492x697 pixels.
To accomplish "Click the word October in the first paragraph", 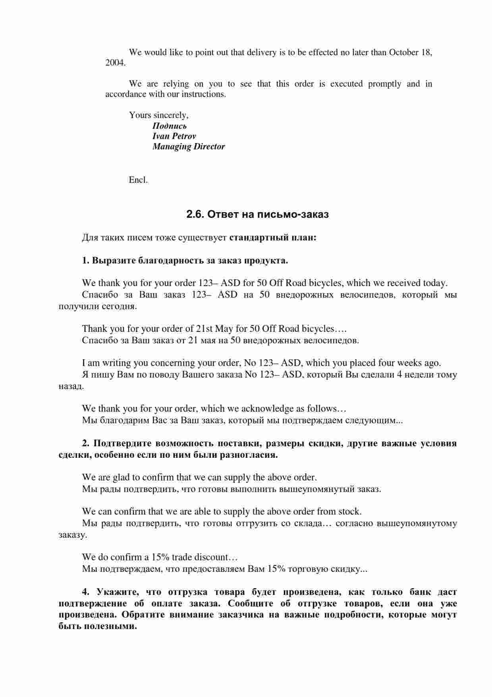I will point(403,52).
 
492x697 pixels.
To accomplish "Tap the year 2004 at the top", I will point(115,63).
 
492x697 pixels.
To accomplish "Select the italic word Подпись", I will point(169,126).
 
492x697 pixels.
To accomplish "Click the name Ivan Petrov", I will point(174,136).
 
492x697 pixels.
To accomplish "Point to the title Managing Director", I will point(189,147).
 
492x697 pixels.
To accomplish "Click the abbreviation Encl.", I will point(138,180).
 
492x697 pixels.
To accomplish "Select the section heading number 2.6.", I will point(195,215).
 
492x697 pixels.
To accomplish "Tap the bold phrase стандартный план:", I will point(273,238).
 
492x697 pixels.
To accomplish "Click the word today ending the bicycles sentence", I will point(435,283).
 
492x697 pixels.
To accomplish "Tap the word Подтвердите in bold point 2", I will point(122,443).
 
